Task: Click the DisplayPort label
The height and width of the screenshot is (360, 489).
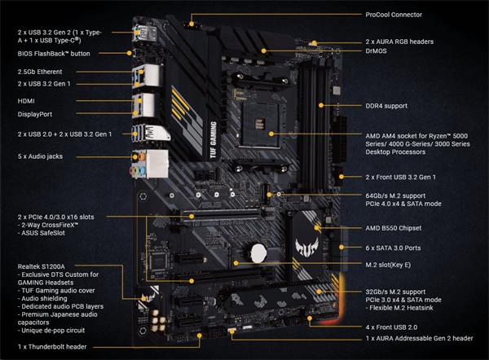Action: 36,114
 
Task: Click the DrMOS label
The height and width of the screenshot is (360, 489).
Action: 379,50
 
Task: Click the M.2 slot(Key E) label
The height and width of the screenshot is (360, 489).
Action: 397,265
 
